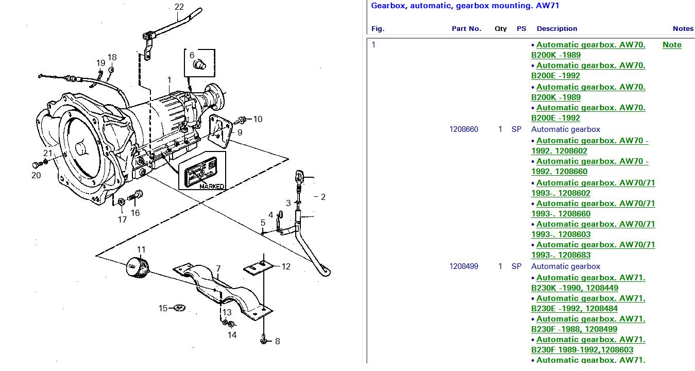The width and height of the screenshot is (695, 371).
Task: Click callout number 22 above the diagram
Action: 179,7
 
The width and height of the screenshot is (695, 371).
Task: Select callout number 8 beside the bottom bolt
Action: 277,341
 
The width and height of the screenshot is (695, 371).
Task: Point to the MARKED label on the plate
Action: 212,186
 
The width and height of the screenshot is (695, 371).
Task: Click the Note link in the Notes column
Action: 671,45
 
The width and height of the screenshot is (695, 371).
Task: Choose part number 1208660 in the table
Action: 464,129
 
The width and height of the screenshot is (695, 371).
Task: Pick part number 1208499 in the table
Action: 464,266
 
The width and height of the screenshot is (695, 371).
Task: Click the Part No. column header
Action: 466,29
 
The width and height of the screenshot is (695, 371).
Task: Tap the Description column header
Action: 556,29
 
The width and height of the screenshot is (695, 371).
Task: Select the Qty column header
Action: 500,29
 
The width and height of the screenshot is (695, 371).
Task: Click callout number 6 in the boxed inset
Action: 192,55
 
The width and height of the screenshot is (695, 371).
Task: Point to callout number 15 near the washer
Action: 163,308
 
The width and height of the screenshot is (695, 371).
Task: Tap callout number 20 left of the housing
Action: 36,175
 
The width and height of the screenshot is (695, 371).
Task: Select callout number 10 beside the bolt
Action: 258,119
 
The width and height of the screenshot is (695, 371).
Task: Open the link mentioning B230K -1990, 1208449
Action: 588,283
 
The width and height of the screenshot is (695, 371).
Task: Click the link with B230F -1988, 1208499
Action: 588,324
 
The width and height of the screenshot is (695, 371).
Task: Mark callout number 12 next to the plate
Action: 286,266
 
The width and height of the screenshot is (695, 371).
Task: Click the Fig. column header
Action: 378,29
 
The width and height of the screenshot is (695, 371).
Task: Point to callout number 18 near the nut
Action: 112,57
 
